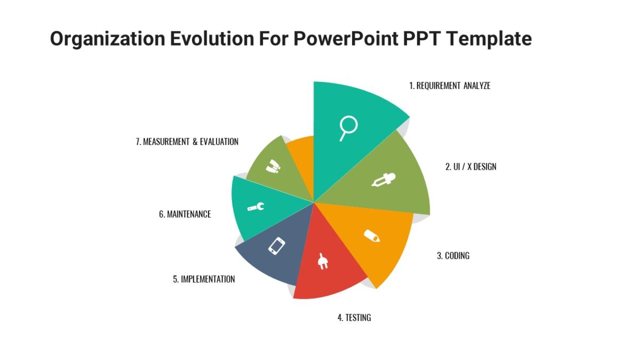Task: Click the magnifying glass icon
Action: [x=348, y=128]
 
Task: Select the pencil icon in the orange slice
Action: [x=372, y=236]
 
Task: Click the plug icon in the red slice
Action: [x=322, y=261]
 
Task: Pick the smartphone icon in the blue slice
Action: [x=276, y=245]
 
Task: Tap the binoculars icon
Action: [x=273, y=166]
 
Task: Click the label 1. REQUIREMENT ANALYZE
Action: [x=450, y=85]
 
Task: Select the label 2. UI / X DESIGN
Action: [x=470, y=166]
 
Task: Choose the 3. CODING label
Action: [x=453, y=255]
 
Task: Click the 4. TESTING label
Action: [x=354, y=317]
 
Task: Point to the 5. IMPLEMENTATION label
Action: [x=204, y=279]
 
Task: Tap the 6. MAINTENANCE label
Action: [x=185, y=214]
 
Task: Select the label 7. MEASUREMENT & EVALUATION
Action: [x=187, y=142]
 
